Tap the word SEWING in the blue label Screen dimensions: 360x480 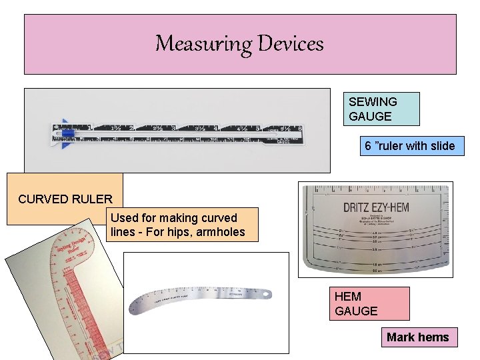point(373,102)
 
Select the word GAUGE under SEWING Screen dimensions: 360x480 point(370,117)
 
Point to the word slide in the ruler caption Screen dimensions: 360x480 point(441,146)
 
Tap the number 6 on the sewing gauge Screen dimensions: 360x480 point(300,127)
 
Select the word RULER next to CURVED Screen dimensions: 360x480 point(93,199)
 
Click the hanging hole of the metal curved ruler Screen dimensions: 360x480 point(267,293)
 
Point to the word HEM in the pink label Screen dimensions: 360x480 point(348,297)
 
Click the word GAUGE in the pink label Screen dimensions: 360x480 point(356,311)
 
